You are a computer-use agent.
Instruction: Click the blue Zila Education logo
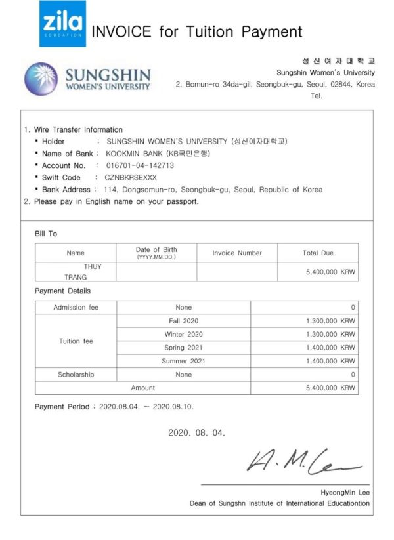point(62,24)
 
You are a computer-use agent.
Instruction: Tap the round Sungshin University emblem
point(41,79)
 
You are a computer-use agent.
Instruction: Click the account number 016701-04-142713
point(140,165)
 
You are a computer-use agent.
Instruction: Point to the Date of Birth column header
point(156,253)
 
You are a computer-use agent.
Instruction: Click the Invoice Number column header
point(237,253)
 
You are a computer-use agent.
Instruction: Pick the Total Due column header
point(318,253)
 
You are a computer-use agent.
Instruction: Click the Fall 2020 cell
point(183,321)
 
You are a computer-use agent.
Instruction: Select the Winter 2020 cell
point(183,334)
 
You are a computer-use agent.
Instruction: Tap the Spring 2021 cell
point(183,347)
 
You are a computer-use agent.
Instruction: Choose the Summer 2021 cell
point(183,361)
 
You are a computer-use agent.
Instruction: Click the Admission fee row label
point(76,307)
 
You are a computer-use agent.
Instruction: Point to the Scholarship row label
point(76,375)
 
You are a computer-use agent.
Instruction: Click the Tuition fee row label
point(76,341)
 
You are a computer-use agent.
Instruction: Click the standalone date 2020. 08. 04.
point(196,433)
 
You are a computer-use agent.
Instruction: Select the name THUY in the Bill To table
point(93,266)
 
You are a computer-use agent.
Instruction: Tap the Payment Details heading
point(62,291)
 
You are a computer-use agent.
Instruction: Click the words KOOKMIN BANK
point(131,154)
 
